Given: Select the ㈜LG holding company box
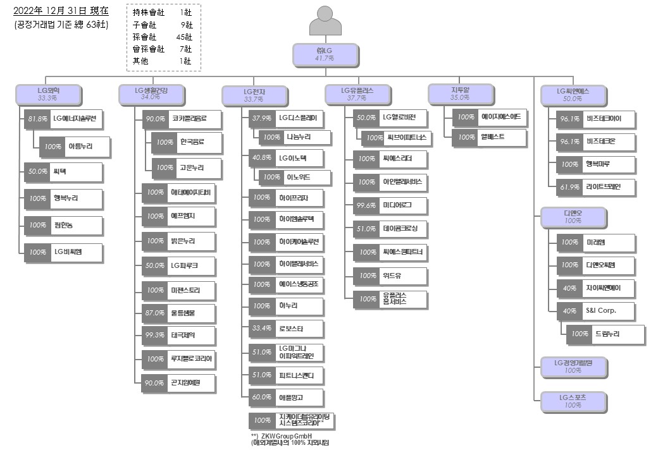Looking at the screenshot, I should click(x=325, y=54).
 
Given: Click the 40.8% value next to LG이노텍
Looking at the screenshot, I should click(x=261, y=157).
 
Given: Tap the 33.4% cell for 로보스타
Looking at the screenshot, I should click(x=261, y=329).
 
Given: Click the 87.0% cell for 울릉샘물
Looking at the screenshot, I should click(x=154, y=312).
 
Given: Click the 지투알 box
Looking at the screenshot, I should click(x=460, y=94).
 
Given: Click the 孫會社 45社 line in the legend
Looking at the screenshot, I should click(x=163, y=37).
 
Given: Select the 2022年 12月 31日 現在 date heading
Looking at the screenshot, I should click(x=61, y=11).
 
